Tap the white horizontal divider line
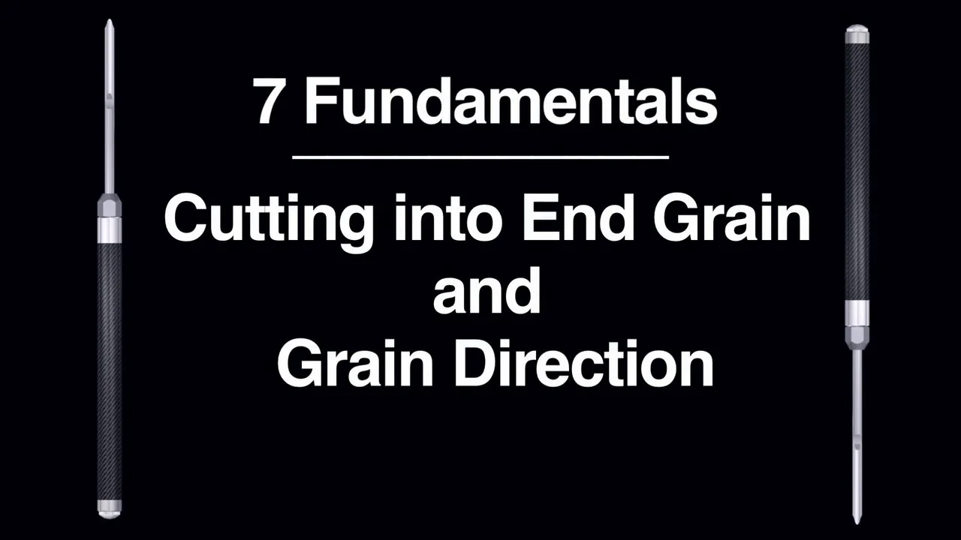tap(480, 157)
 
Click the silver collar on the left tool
tap(110, 229)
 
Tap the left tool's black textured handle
tap(110, 367)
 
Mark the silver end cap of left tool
tap(110, 508)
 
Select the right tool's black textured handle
tap(857, 165)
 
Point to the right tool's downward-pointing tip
tap(857, 517)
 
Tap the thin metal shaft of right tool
tap(857, 420)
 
